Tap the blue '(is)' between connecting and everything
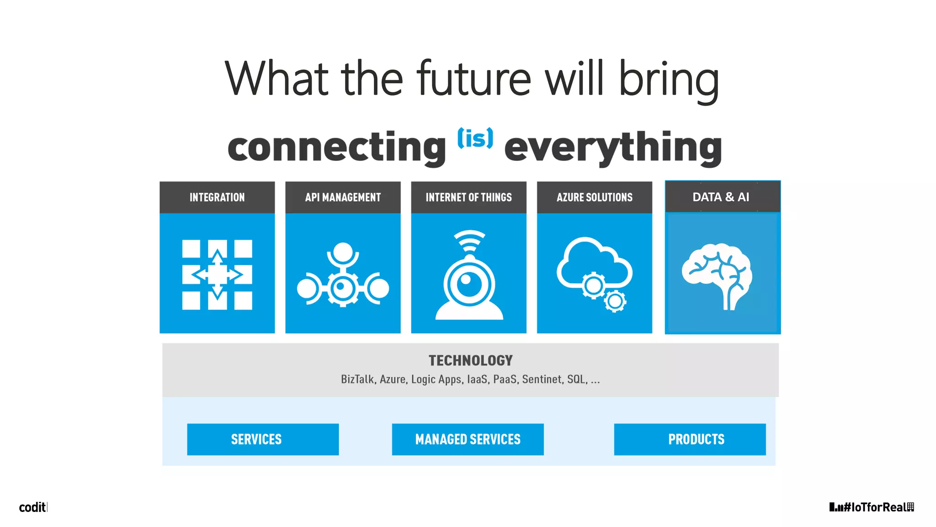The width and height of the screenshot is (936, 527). [x=475, y=138]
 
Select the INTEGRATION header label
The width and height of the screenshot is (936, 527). [x=217, y=197]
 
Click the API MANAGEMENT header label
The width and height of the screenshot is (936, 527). [x=343, y=197]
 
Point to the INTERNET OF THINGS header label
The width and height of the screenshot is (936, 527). [x=468, y=197]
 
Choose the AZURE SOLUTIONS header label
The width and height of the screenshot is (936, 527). [x=594, y=197]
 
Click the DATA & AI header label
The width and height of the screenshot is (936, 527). [x=721, y=197]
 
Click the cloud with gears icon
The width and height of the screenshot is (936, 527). [x=595, y=273]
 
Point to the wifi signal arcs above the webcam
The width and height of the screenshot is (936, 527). [x=469, y=241]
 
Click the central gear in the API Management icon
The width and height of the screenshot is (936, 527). [x=342, y=288]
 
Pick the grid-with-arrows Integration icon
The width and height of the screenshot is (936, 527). [x=217, y=274]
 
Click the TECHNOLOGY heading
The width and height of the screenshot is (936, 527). [x=470, y=360]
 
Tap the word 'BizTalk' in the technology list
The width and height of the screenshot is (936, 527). [x=357, y=379]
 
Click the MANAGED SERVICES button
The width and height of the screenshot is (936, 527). [x=468, y=439]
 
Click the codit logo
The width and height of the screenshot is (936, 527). [x=32, y=507]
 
